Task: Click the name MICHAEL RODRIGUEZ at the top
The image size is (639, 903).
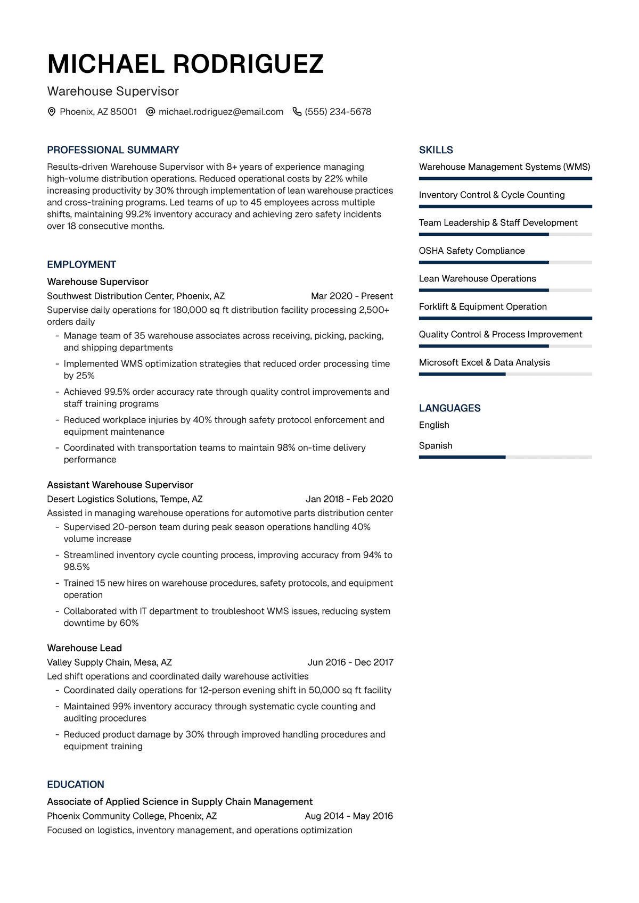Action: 185,64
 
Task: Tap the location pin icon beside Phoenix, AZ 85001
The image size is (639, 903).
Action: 52,112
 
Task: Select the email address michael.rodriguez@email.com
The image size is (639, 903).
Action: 220,112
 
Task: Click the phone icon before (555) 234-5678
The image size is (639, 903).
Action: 297,112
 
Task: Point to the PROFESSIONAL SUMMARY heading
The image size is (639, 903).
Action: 113,150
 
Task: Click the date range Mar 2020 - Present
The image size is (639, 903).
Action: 351,296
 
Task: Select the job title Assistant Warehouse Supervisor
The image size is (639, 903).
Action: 120,485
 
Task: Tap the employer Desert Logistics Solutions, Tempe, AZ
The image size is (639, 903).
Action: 125,499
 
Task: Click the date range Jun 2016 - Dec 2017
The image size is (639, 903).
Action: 350,662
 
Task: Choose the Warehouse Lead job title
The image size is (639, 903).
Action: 84,648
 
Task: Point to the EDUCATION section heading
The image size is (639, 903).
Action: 76,784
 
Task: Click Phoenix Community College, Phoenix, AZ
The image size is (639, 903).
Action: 132,816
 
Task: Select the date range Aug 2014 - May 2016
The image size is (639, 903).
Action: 349,816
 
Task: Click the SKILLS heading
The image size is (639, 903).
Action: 436,150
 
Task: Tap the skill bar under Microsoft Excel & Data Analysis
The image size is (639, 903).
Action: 505,374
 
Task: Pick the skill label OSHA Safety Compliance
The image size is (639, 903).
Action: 471,251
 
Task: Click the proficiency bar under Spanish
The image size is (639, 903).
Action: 505,457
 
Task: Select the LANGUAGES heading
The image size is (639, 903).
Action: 449,408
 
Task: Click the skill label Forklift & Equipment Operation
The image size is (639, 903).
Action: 482,306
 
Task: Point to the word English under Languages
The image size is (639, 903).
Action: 434,425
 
